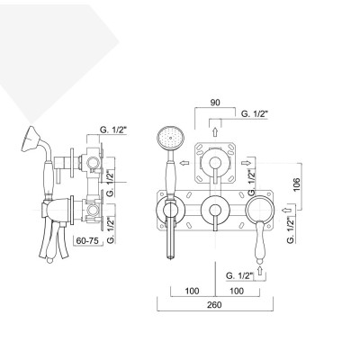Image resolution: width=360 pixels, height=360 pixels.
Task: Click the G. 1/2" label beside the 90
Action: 257,113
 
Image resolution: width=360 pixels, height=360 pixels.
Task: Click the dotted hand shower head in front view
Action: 167,138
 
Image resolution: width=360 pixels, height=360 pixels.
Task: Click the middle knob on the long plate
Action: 214,211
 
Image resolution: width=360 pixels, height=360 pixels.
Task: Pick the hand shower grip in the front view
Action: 167,234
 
